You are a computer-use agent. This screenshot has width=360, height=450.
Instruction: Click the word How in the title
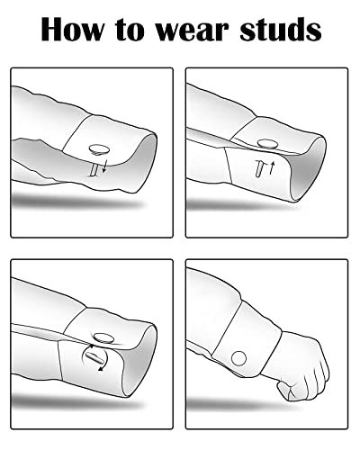[x=73, y=29]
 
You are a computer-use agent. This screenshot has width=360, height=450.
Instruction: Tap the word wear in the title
[x=193, y=31]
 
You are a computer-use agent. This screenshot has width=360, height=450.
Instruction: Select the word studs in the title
[x=281, y=29]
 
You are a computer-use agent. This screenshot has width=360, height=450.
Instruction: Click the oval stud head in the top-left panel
[x=99, y=149]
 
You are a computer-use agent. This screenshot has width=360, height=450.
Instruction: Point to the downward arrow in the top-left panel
[x=104, y=166]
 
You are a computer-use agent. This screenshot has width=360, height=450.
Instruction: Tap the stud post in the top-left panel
[x=94, y=169]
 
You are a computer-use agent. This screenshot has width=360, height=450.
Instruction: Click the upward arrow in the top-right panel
[x=272, y=167]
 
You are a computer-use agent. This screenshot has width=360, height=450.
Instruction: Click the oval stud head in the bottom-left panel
[x=103, y=337]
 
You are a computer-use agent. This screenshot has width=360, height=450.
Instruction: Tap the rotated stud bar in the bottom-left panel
[x=94, y=357]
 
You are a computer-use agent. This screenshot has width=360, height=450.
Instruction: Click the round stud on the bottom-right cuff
[x=238, y=358]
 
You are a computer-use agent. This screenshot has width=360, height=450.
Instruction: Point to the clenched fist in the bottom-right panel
[x=300, y=369]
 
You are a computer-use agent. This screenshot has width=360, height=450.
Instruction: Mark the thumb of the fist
[x=285, y=390]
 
